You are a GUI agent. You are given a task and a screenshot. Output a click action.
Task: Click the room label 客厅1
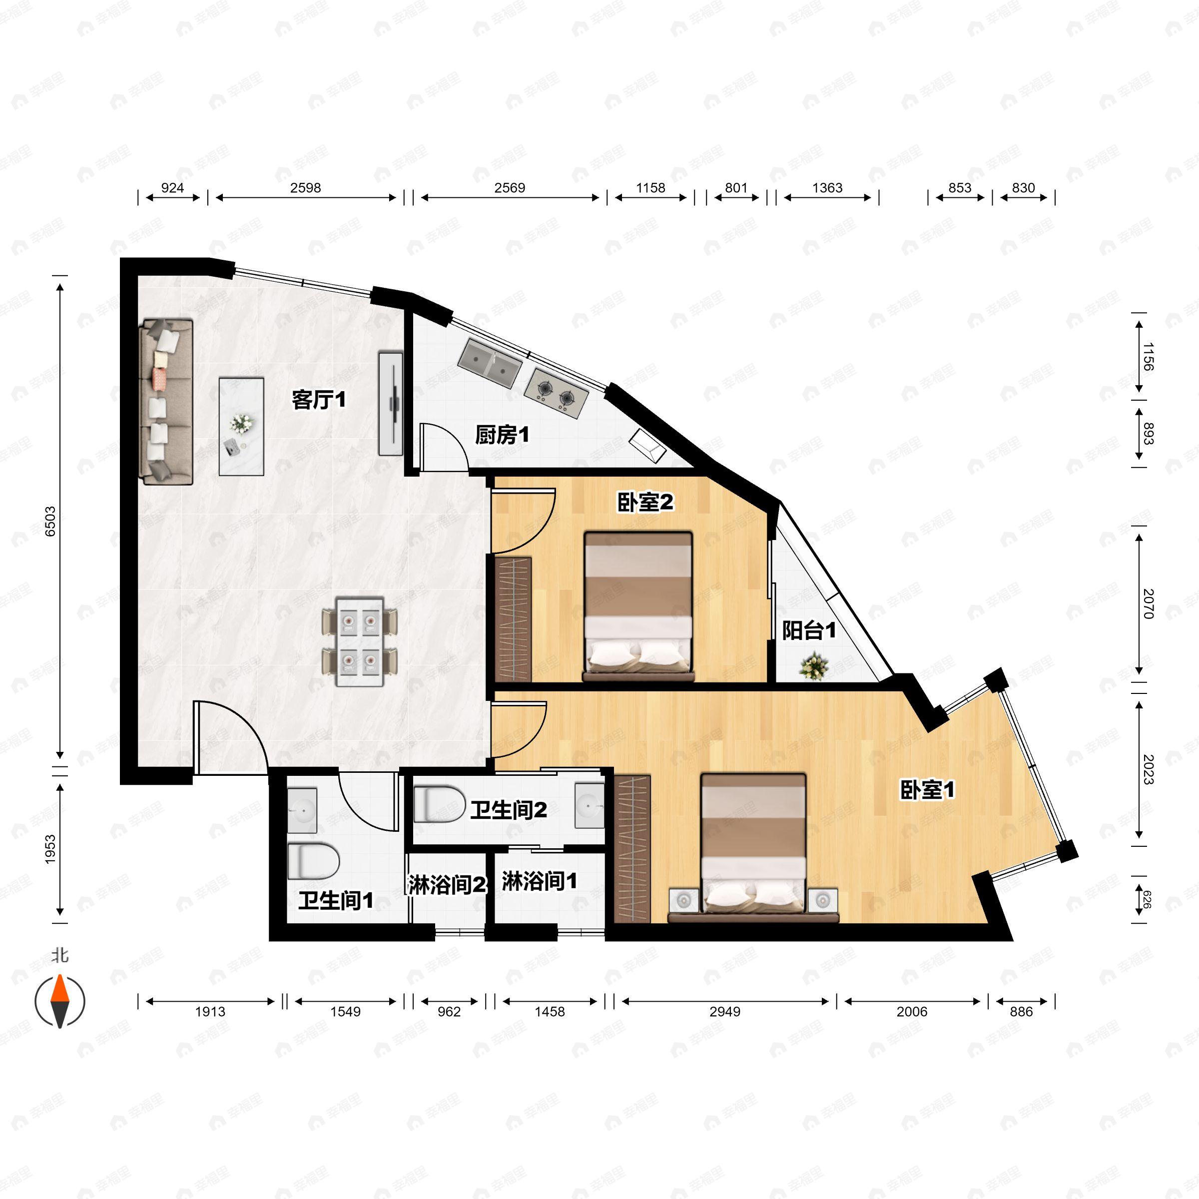(318, 400)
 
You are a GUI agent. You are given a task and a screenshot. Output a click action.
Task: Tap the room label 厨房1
(502, 435)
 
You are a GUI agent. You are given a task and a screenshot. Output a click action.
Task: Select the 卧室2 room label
(645, 502)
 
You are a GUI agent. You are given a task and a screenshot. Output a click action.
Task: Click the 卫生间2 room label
(508, 809)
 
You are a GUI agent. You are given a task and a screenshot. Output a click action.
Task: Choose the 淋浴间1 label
(540, 881)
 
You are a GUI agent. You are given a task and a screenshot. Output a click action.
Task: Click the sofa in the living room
(167, 402)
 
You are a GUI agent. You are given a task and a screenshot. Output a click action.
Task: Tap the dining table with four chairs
(359, 641)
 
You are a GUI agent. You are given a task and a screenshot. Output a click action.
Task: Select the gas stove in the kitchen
(556, 392)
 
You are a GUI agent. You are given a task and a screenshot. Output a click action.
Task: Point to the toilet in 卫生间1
(313, 861)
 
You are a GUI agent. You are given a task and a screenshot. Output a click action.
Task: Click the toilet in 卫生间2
(439, 804)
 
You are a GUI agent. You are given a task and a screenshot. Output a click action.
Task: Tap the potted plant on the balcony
(814, 666)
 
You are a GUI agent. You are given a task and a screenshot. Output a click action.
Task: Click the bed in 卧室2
(638, 605)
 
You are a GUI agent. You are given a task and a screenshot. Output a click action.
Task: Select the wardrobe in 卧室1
(632, 848)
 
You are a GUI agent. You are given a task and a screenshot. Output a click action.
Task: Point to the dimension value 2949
(724, 1012)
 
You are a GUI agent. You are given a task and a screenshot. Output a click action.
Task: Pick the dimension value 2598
(305, 187)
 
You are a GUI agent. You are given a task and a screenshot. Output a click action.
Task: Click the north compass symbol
(59, 1000)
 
